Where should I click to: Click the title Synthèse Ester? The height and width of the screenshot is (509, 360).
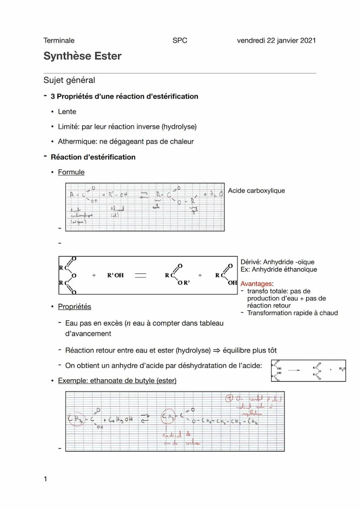pos(82,56)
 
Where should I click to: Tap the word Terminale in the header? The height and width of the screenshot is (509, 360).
pos(59,40)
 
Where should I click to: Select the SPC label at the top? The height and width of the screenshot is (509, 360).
pos(180,40)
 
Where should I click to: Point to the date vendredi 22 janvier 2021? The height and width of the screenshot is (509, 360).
pos(276,40)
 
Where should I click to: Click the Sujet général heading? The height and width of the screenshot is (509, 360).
pos(69,80)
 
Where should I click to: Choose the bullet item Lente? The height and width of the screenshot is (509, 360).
pos(67,112)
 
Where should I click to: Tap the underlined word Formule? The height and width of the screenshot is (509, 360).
pos(71,172)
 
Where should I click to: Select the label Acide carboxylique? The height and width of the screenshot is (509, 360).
pos(257,190)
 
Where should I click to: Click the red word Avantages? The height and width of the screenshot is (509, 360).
pos(257,284)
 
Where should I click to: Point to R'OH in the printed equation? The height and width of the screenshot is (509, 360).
pos(115,275)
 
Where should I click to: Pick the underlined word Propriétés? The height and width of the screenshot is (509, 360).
pos(74,306)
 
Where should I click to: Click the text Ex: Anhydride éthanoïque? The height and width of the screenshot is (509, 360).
pos(279,269)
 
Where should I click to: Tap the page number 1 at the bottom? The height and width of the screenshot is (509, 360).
pos(45,479)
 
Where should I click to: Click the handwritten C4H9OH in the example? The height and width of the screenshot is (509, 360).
pos(120,420)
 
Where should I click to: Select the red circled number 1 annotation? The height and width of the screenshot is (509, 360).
pos(230,399)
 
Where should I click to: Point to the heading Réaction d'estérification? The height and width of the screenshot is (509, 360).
pos(93,157)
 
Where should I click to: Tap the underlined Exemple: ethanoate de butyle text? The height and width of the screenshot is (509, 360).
pos(117,381)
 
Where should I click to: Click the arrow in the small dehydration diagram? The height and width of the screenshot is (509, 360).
pos(294,370)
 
